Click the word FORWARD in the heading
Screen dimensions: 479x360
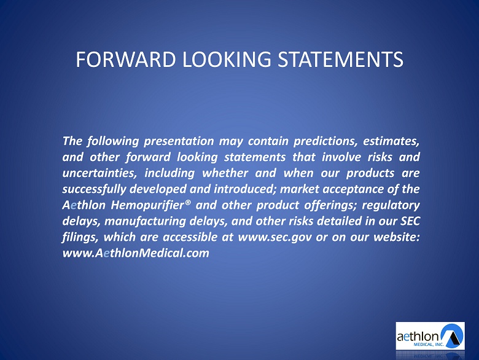click(x=126, y=60)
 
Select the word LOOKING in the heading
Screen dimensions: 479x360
click(x=227, y=60)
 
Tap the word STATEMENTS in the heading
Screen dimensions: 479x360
click(x=340, y=60)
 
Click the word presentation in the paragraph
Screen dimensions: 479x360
click(x=179, y=141)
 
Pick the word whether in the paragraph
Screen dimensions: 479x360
click(x=225, y=173)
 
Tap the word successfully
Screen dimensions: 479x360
click(x=94, y=189)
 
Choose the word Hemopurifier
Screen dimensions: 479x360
click(x=148, y=205)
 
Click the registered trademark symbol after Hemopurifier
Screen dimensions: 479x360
click(x=188, y=202)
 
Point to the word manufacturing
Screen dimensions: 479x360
click(x=145, y=221)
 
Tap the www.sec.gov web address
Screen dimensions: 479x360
click(x=275, y=238)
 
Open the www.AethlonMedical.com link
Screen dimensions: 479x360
click(x=136, y=253)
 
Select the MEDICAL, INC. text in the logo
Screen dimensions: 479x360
click(x=428, y=345)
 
